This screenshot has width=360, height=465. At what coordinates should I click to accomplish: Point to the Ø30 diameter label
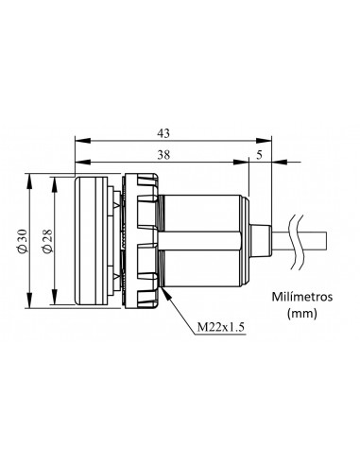click(20, 241)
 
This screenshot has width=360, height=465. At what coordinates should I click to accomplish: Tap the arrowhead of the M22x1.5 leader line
click(166, 290)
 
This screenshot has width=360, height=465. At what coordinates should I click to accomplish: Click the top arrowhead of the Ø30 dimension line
click(31, 177)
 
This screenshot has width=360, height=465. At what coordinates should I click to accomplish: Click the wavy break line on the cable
click(300, 240)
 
